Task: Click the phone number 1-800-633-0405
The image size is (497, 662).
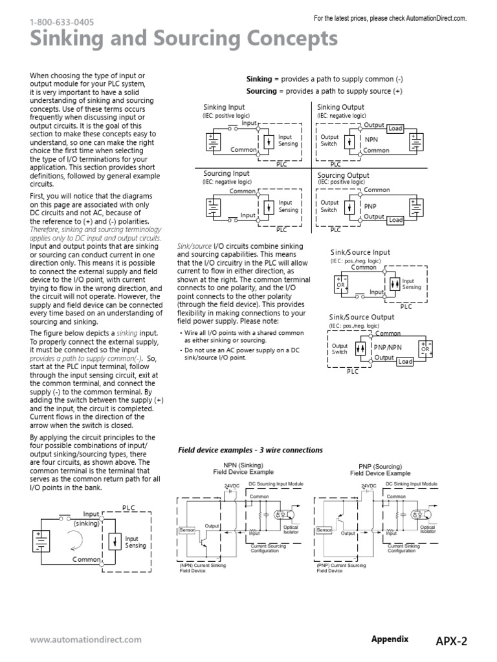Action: [x=61, y=22]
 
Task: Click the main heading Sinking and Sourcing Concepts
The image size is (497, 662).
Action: [x=184, y=40]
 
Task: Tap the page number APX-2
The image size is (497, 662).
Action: [x=450, y=641]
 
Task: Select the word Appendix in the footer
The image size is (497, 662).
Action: [x=390, y=639]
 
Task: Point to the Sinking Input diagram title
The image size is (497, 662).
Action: [x=224, y=107]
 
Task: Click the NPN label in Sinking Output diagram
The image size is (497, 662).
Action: [x=371, y=139]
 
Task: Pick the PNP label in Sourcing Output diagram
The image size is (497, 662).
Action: [x=370, y=206]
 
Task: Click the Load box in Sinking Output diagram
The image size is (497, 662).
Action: [x=395, y=129]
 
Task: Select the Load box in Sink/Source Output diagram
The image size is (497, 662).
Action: [x=405, y=361]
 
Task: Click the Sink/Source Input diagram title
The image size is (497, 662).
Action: [x=360, y=252]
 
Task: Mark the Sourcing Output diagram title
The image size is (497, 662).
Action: [x=343, y=175]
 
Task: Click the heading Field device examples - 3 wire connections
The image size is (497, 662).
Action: [x=250, y=450]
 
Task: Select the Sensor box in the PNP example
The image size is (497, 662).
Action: [x=324, y=530]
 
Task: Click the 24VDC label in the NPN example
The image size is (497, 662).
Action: [x=232, y=486]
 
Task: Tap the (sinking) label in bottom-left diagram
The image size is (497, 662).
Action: [x=85, y=522]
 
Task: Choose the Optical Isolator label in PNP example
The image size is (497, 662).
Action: [x=427, y=529]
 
